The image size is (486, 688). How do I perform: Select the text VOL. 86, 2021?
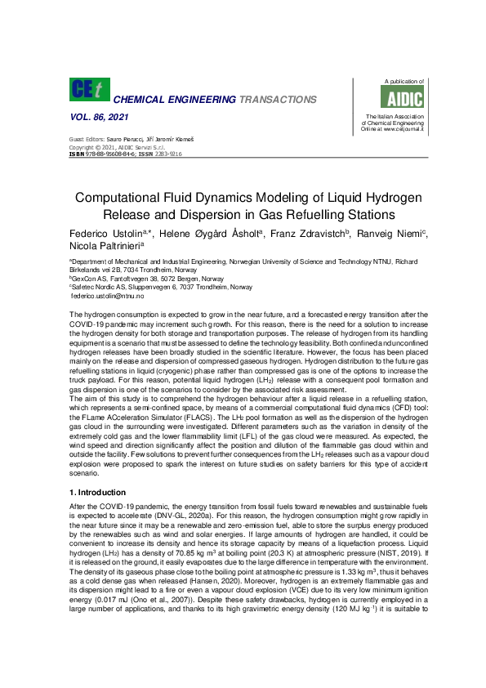(x=97, y=118)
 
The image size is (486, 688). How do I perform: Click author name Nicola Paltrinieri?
(x=105, y=244)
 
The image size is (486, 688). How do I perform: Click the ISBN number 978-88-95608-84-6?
(x=116, y=154)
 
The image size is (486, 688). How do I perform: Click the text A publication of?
(x=404, y=82)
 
